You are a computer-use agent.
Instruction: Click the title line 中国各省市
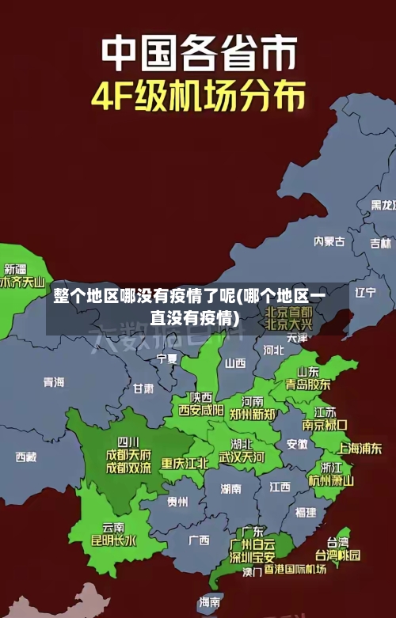click(200, 53)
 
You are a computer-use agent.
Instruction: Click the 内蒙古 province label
click(329, 219)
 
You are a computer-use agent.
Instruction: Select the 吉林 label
click(381, 222)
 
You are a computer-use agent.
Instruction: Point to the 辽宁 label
click(365, 292)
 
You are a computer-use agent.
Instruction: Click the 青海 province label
click(54, 382)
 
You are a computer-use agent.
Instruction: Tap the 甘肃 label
click(143, 389)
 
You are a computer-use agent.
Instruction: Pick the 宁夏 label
click(167, 358)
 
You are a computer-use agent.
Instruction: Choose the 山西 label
click(235, 363)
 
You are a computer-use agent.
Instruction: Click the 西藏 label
click(26, 457)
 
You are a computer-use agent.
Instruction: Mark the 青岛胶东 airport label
click(308, 385)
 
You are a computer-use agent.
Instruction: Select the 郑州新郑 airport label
click(252, 414)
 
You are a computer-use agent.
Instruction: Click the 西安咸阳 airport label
click(200, 410)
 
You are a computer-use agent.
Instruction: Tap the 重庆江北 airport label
click(185, 463)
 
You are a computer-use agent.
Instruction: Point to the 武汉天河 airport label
click(242, 457)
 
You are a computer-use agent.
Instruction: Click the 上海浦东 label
click(360, 448)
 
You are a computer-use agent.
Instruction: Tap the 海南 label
click(210, 602)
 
